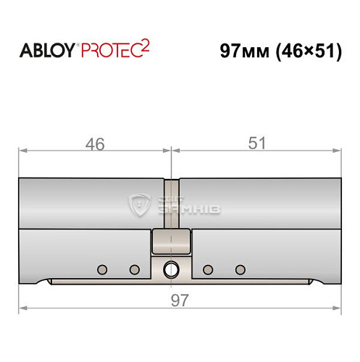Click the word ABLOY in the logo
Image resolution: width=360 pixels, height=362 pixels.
(x=47, y=51)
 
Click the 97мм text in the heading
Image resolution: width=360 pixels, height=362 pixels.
(x=244, y=51)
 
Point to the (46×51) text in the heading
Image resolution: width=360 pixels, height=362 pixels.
(x=309, y=51)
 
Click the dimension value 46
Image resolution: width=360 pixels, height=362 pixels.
(x=95, y=144)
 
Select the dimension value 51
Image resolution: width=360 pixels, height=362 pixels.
(x=257, y=143)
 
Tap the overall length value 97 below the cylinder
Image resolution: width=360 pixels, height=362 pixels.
(x=180, y=300)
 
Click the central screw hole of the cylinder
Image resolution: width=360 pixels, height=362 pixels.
(x=171, y=269)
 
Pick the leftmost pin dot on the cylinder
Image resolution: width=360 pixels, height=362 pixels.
(x=102, y=269)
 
